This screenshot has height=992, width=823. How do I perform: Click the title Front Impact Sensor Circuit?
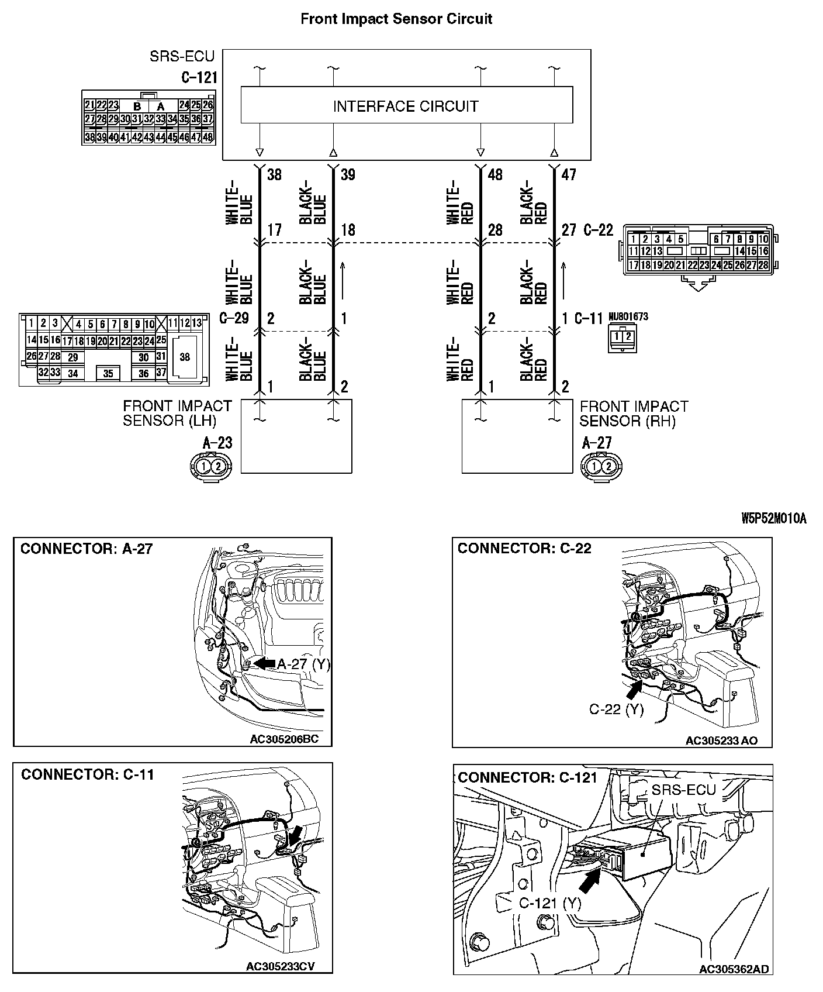click(396, 19)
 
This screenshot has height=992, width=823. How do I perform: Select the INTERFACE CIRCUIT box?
click(406, 106)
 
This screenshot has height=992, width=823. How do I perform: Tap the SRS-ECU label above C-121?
click(182, 57)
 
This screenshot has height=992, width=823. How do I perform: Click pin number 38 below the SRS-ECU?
click(274, 175)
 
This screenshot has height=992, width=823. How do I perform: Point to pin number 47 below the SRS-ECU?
click(568, 175)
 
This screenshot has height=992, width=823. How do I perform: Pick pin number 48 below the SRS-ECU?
click(495, 175)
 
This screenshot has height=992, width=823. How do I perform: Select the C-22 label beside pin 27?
click(599, 230)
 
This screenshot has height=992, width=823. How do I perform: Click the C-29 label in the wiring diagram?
click(234, 318)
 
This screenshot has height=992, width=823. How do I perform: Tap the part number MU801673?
click(628, 317)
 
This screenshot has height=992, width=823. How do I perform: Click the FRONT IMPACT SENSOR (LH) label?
click(177, 414)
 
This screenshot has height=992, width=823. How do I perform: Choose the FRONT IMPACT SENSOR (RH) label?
click(634, 414)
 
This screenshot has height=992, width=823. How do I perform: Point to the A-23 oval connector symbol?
click(210, 466)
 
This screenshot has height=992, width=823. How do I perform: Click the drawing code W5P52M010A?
click(773, 518)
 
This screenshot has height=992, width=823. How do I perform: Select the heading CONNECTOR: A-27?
click(87, 549)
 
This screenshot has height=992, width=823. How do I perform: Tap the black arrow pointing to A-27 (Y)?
click(265, 663)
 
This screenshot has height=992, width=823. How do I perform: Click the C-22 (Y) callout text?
click(615, 709)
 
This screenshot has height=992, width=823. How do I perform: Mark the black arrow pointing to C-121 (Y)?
click(591, 877)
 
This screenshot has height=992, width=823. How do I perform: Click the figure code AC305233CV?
click(281, 966)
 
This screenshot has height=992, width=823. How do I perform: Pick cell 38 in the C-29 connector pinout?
click(185, 357)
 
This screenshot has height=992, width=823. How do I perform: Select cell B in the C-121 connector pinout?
click(137, 106)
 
